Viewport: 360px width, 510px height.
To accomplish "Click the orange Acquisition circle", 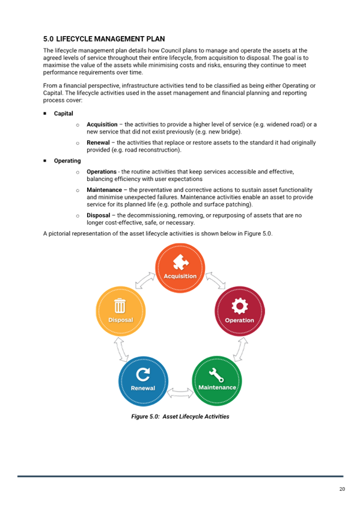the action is (180, 268).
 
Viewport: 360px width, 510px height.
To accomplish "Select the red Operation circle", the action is (240, 311).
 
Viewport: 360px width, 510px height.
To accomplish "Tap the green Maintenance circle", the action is (217, 381).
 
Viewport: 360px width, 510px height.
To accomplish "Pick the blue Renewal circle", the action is (143, 381).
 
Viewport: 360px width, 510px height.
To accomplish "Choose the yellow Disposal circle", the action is (121, 312).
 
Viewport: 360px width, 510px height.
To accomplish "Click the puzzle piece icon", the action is (181, 262).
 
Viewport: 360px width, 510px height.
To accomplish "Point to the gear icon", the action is (240, 306).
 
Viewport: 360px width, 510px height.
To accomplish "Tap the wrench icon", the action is (216, 375).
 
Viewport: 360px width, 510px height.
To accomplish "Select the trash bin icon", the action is (120, 306).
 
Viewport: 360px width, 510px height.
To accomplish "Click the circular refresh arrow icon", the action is (142, 374).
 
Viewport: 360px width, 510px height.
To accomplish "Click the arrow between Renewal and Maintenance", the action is (180, 393).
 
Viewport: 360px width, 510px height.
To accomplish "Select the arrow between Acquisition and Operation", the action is (216, 280).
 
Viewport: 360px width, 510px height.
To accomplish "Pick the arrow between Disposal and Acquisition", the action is (145, 280).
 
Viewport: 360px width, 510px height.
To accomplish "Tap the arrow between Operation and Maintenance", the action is (240, 349).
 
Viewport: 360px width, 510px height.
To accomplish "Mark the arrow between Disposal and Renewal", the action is (121, 349).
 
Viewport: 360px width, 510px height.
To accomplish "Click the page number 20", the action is (342, 489).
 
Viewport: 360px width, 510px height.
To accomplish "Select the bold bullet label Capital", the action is (63, 114).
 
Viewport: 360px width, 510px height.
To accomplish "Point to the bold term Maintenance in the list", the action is (105, 190).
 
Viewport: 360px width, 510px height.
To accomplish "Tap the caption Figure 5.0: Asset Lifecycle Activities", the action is (180, 417).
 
